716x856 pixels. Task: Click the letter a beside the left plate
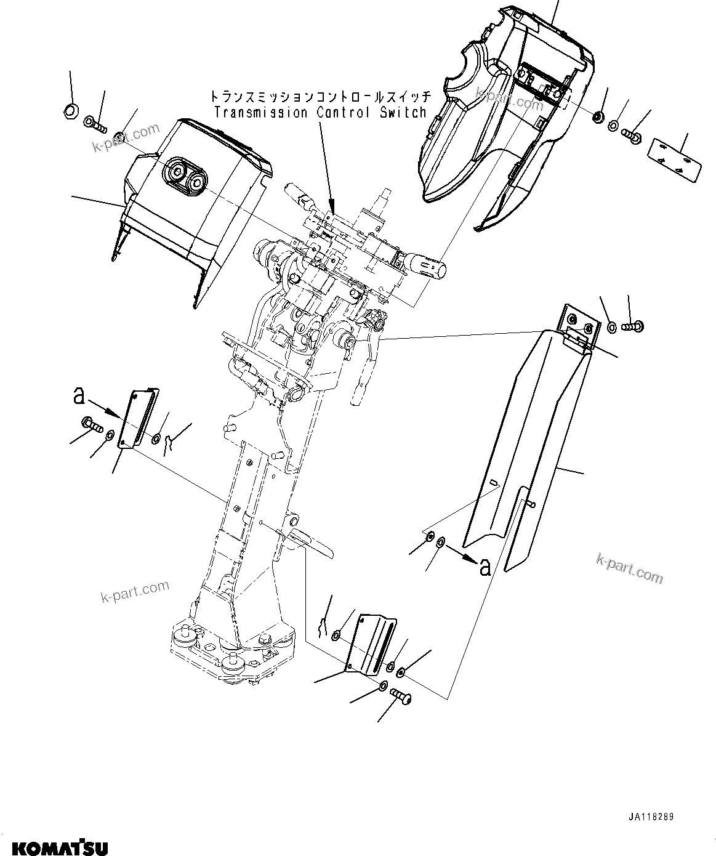click(x=78, y=395)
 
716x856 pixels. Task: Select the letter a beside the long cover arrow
click(x=485, y=567)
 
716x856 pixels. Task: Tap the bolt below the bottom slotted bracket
click(x=402, y=698)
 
